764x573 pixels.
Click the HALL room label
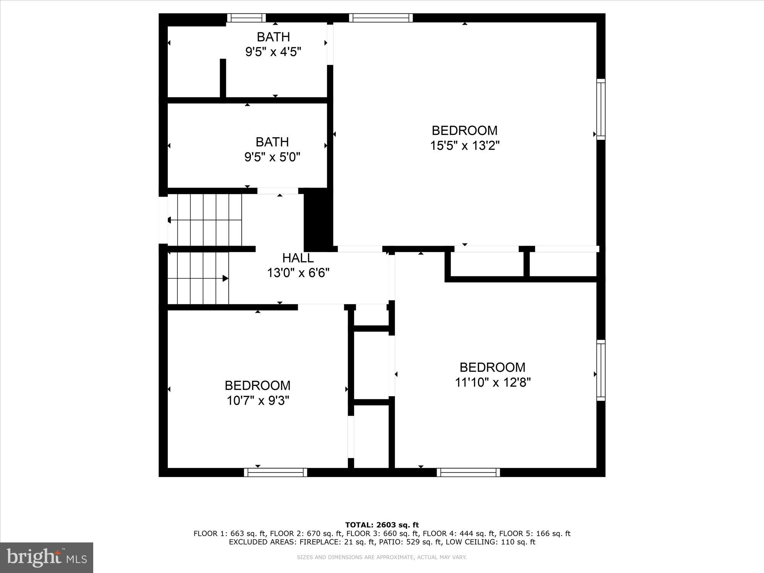pyautogui.click(x=298, y=258)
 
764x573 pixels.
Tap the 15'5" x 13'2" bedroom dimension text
pyautogui.click(x=465, y=146)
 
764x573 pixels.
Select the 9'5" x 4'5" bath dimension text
pyautogui.click(x=273, y=52)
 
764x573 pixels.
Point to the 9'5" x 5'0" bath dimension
pyautogui.click(x=272, y=157)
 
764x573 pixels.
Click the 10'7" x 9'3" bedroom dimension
pyautogui.click(x=258, y=401)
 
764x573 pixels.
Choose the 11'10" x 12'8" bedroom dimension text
pyautogui.click(x=493, y=382)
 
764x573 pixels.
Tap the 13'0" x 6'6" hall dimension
pyautogui.click(x=298, y=273)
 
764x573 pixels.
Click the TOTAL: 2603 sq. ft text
pyautogui.click(x=382, y=525)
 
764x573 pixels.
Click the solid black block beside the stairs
pyautogui.click(x=318, y=220)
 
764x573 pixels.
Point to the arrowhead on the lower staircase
pyautogui.click(x=225, y=278)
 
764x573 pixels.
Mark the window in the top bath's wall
pyautogui.click(x=246, y=18)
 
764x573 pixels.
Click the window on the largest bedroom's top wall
pyautogui.click(x=381, y=18)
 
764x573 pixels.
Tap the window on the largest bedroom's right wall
pyautogui.click(x=601, y=109)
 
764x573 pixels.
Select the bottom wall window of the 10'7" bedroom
pyautogui.click(x=275, y=473)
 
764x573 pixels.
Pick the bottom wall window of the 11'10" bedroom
pyautogui.click(x=468, y=473)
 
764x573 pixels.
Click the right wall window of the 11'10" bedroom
pyautogui.click(x=601, y=370)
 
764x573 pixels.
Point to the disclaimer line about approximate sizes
pyautogui.click(x=382, y=557)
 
